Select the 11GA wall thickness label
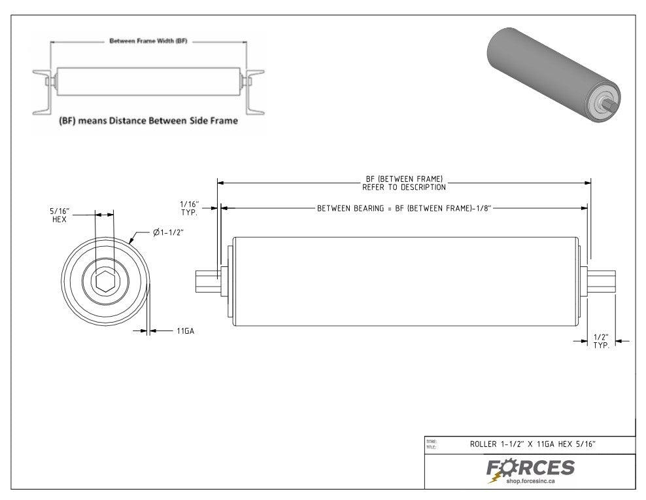(x=185, y=332)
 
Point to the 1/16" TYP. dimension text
(x=189, y=209)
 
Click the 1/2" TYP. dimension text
(x=601, y=341)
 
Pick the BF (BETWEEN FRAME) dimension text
(x=404, y=179)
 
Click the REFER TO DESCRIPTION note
(x=404, y=187)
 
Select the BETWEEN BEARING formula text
(x=403, y=208)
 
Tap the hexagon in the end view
(x=104, y=282)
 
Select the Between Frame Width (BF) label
(x=148, y=41)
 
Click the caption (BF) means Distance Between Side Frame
(x=148, y=122)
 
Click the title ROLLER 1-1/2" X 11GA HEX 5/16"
(x=532, y=444)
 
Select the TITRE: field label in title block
(x=432, y=442)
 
